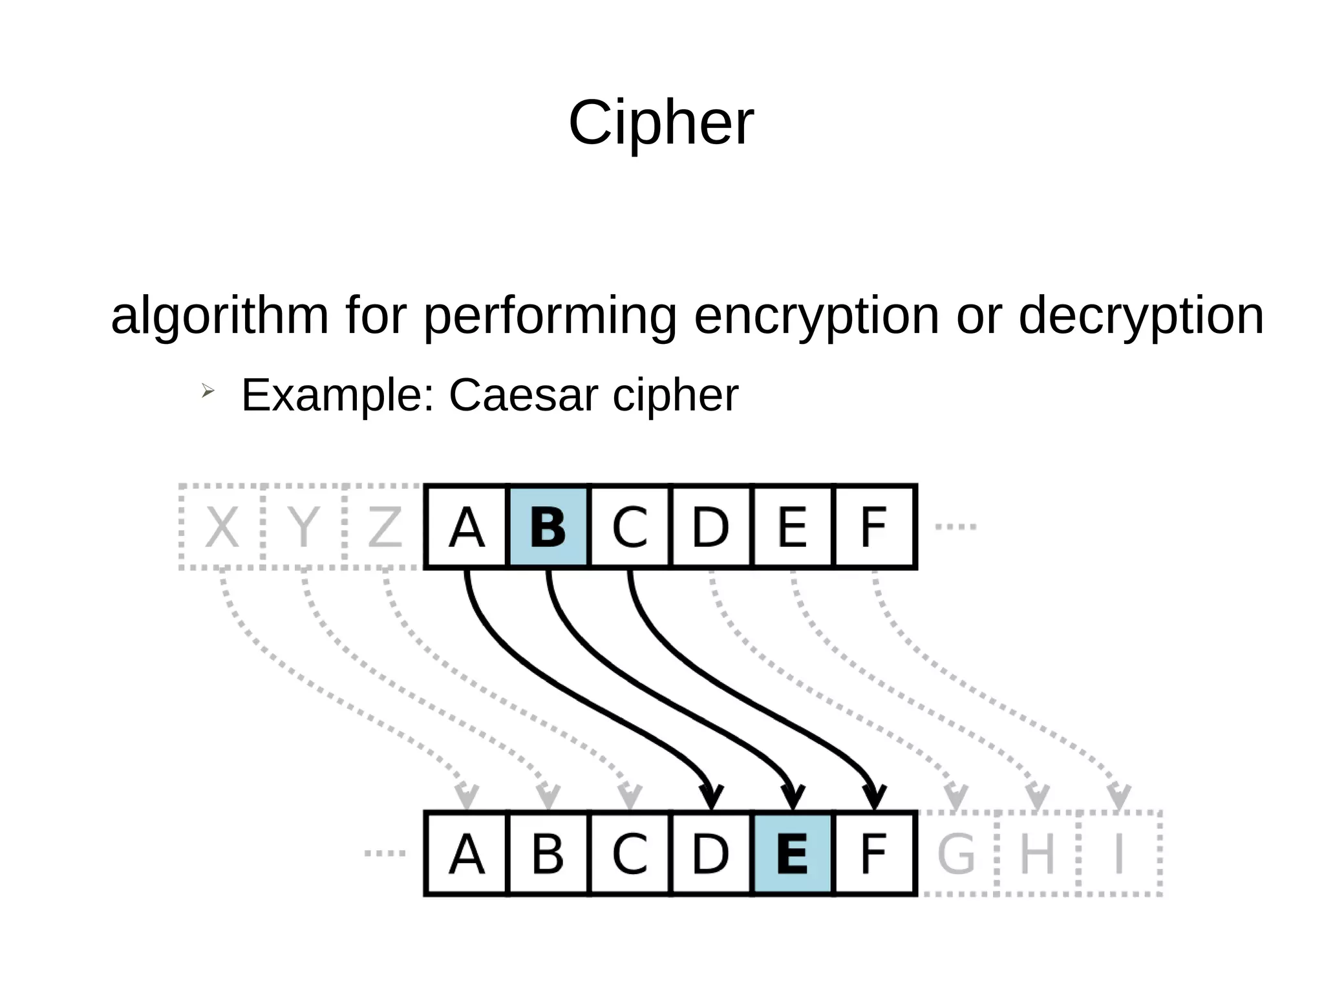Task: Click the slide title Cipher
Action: coord(661,123)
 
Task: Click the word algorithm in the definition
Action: coord(220,315)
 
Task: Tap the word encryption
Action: coord(816,315)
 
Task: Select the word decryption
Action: coord(1140,315)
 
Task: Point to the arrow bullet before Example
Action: coord(207,390)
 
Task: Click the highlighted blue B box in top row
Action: coord(548,527)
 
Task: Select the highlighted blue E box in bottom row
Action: coord(793,853)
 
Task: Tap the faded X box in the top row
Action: coord(222,527)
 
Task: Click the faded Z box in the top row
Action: coord(385,527)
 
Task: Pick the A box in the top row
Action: coord(466,527)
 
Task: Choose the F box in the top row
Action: coord(874,527)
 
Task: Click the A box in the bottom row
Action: coord(466,853)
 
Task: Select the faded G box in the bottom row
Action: coord(956,853)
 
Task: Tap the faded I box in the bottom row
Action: coord(1119,853)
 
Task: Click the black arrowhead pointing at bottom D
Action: coord(711,796)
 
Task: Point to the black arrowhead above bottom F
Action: coord(874,796)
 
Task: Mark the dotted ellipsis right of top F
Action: coord(956,527)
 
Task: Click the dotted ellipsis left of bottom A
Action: coord(385,853)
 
